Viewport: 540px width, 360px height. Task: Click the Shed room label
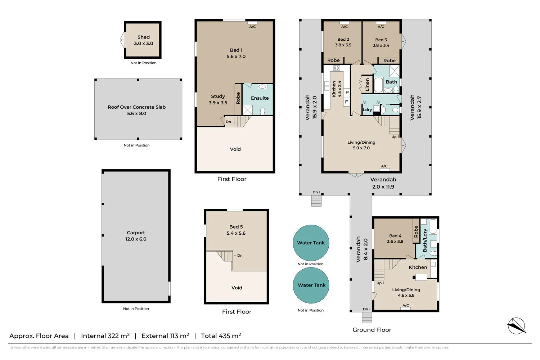pos(143,37)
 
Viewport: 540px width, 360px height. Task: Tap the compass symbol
pos(517,326)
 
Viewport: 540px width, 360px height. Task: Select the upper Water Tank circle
pos(311,243)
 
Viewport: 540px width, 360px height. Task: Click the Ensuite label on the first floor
pos(260,98)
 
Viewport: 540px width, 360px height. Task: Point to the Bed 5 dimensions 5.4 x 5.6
pos(236,233)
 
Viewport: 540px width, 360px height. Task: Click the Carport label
pos(136,233)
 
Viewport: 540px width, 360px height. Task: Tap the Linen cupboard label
pos(367,85)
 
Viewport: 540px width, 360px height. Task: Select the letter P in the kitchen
pos(347,93)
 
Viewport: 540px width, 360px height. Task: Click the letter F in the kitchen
pos(346,102)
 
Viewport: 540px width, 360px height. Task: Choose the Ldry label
pos(368,110)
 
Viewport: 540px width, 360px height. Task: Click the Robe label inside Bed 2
pos(333,60)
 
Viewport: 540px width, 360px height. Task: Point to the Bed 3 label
pos(381,40)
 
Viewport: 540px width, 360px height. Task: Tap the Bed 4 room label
pos(395,236)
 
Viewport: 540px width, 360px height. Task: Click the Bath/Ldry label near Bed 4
pos(425,240)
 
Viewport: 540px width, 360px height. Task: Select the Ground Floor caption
pos(372,330)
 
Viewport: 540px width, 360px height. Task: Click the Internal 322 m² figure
pos(105,336)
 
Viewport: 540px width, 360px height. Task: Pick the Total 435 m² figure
pos(221,336)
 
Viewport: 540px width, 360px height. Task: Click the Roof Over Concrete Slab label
pos(137,107)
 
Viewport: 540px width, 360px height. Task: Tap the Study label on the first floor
pos(218,96)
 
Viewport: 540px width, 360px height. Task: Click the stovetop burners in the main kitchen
pos(337,68)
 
